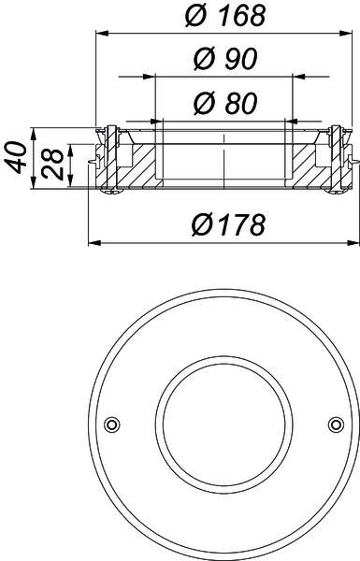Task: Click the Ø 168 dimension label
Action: (225, 16)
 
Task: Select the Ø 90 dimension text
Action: (225, 59)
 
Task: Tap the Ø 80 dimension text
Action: (225, 104)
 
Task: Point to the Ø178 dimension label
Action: (228, 224)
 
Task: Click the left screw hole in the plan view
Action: (112, 424)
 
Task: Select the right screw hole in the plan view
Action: (336, 424)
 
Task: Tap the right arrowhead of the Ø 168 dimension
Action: (345, 34)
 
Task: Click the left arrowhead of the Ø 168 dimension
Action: (102, 34)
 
